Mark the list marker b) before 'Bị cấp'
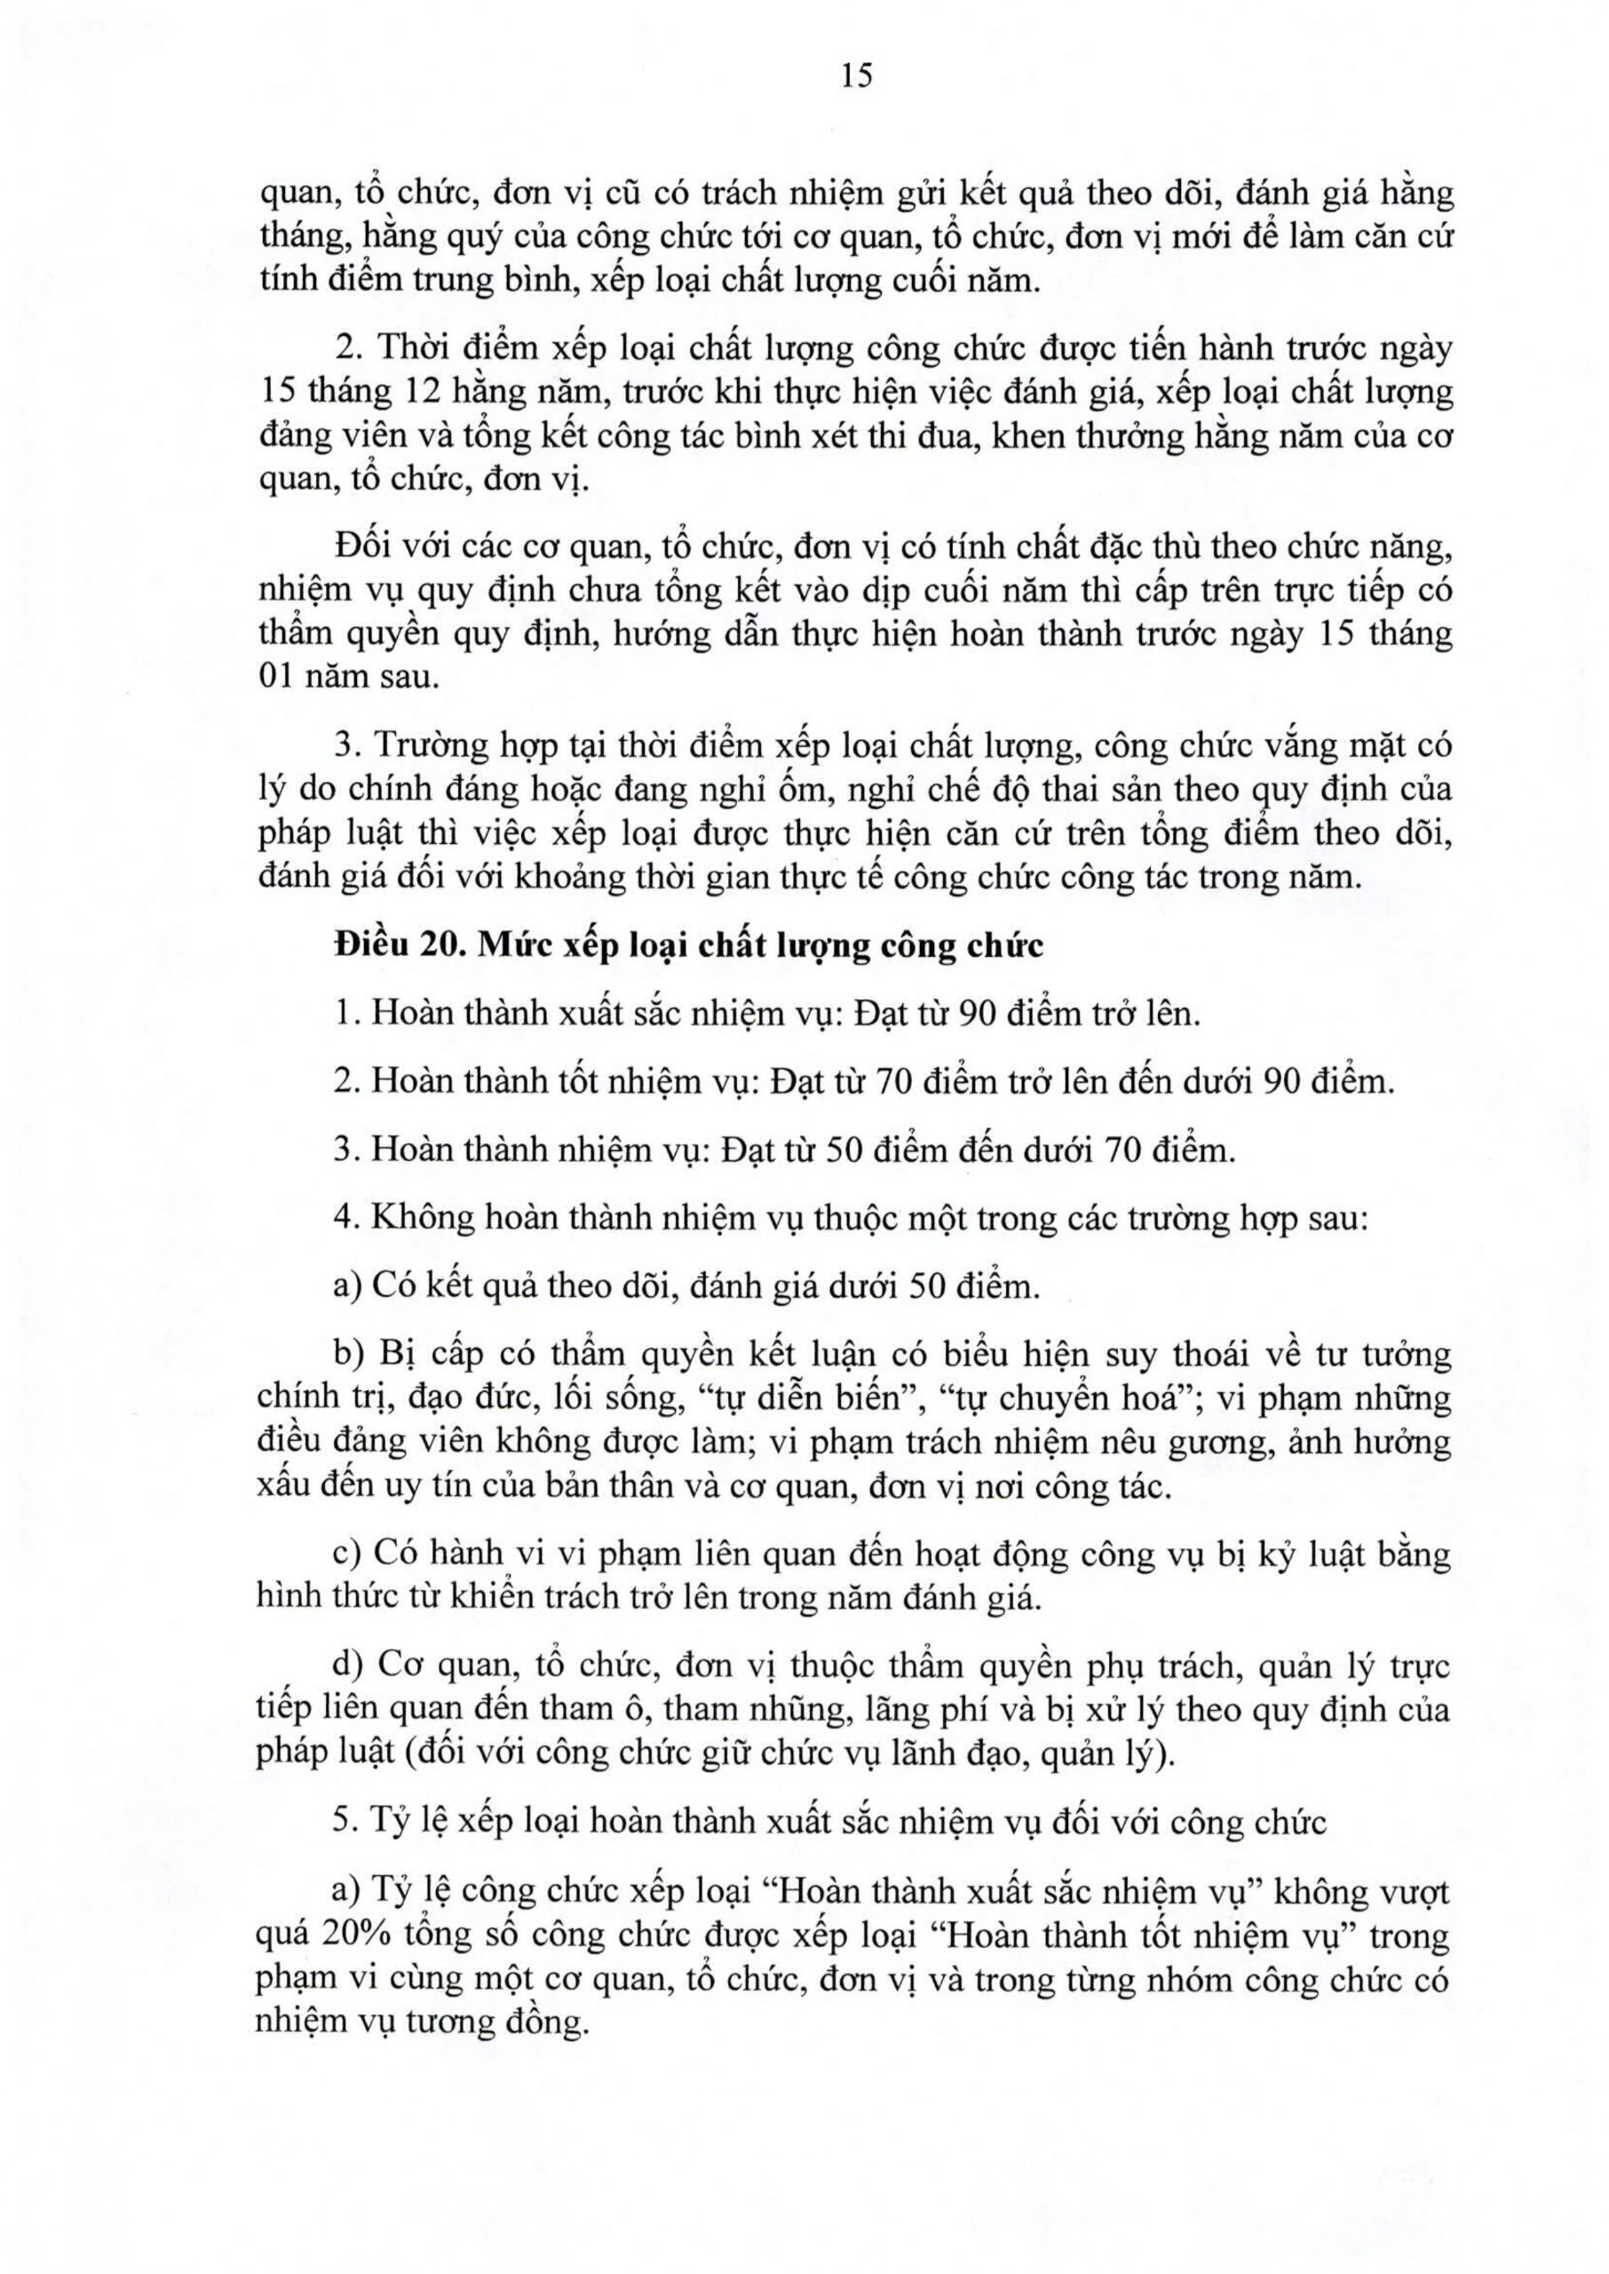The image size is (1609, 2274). pyautogui.click(x=351, y=1354)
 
